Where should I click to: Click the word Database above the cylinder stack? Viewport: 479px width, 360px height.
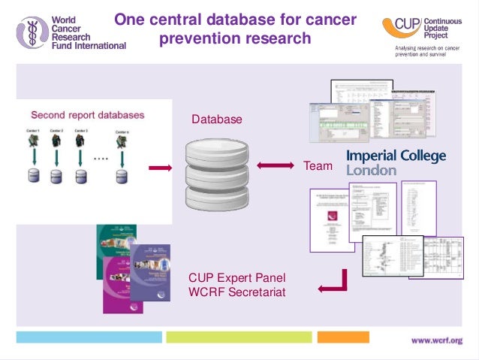(x=217, y=119)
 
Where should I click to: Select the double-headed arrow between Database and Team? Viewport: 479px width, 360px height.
(x=276, y=165)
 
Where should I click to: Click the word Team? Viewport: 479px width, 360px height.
(x=317, y=165)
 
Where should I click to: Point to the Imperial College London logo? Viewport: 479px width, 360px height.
(x=396, y=162)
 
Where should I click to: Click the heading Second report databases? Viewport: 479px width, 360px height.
(x=87, y=116)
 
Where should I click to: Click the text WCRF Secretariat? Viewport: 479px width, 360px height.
(x=237, y=291)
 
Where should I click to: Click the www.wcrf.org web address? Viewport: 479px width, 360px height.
(x=436, y=340)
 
